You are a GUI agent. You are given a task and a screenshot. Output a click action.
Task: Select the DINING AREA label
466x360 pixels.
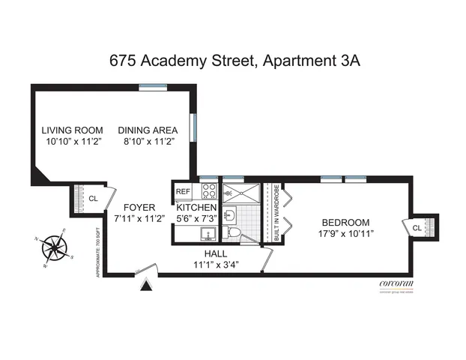coord(148,130)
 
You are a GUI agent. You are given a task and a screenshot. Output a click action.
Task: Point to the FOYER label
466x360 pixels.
coord(139,208)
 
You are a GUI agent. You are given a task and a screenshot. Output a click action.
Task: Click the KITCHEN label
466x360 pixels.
coord(196,208)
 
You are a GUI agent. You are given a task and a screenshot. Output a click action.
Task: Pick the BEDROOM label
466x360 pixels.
coord(345,222)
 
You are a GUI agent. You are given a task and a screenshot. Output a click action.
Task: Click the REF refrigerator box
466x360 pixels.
coord(183,191)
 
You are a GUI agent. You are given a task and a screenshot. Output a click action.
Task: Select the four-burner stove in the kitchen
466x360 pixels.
coord(208,190)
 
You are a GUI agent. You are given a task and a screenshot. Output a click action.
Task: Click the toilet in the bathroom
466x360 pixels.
coord(233,235)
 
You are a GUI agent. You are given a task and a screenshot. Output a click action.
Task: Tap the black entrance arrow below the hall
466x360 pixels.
coord(147,283)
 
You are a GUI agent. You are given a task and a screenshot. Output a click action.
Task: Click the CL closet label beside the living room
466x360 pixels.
coord(93,199)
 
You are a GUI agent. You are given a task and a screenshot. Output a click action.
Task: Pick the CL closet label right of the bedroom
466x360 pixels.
coord(417,226)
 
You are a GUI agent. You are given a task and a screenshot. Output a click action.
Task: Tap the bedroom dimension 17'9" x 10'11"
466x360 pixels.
coord(345,233)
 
